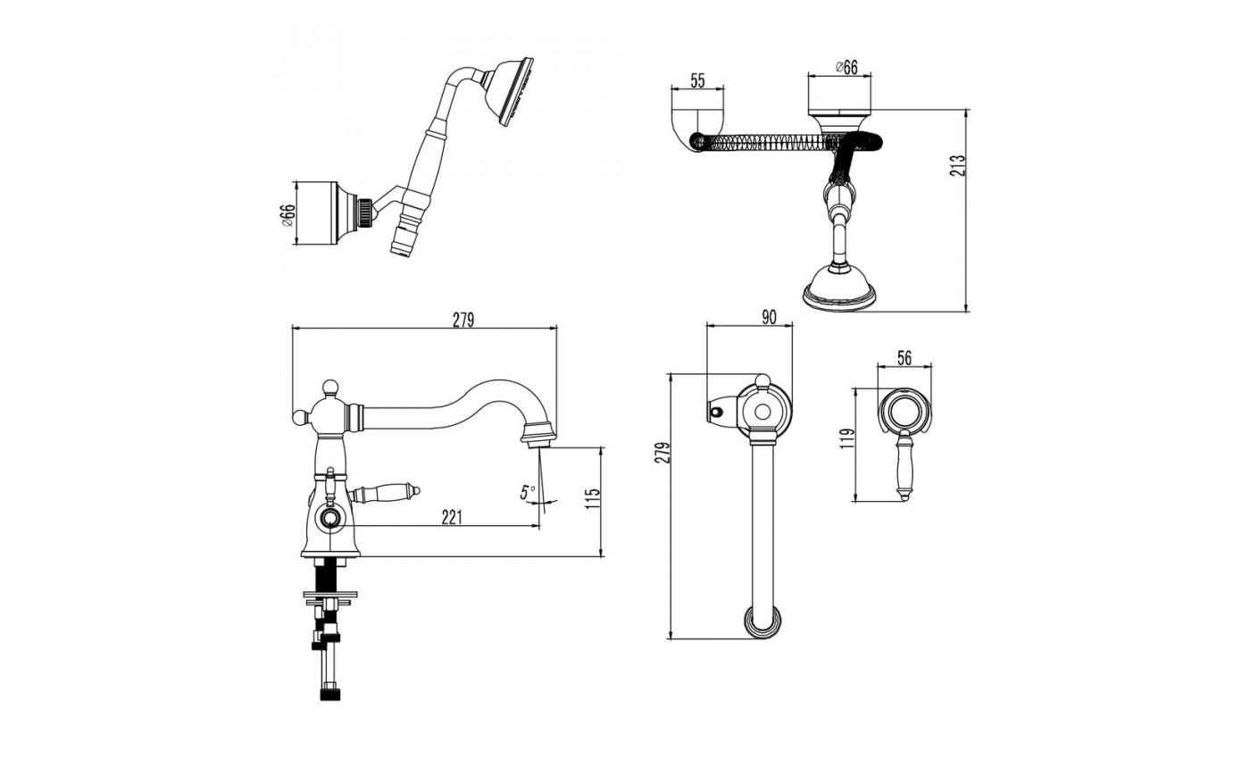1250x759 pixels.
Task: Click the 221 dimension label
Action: point(452,517)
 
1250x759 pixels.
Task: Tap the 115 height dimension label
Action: point(593,498)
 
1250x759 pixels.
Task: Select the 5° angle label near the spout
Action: point(528,492)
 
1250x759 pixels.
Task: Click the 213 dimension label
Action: point(956,165)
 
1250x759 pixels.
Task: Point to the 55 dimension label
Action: point(697,81)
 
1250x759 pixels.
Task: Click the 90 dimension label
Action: point(769,317)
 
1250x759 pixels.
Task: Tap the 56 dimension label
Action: point(904,358)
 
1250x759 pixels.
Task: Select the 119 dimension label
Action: point(847,438)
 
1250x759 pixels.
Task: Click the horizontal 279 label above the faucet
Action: point(463,320)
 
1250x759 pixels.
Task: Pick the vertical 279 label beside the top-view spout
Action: point(662,452)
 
